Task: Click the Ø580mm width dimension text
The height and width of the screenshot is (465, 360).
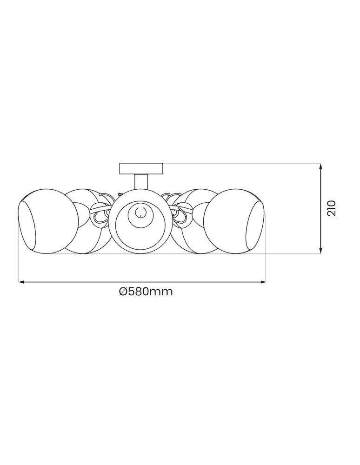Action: (x=146, y=292)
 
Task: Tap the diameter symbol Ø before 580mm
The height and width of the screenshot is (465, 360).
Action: (x=123, y=292)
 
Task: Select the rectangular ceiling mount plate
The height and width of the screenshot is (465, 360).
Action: (x=141, y=168)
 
